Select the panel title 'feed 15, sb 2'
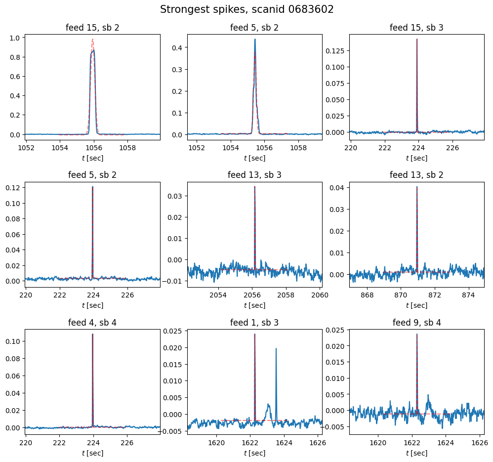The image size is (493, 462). click(x=92, y=28)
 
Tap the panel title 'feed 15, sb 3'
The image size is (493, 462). click(x=416, y=28)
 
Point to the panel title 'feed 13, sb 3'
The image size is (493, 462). click(x=254, y=175)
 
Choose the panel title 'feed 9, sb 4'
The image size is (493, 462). click(x=416, y=323)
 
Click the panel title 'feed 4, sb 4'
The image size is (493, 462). click(x=92, y=323)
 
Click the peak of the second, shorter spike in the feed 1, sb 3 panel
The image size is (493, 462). click(x=276, y=348)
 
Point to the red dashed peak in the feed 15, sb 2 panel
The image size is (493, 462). click(x=92, y=40)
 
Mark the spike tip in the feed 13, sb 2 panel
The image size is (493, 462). click(x=417, y=187)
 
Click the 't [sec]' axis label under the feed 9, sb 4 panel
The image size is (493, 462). click(x=416, y=453)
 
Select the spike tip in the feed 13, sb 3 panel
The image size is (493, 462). click(x=255, y=187)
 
